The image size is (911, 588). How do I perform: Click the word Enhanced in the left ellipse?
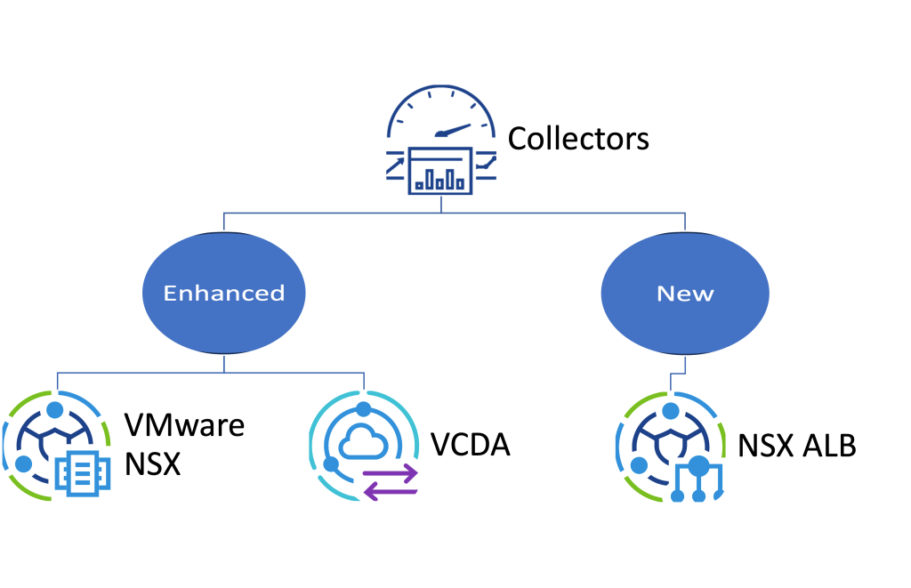[224, 294]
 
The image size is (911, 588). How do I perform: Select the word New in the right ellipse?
[685, 294]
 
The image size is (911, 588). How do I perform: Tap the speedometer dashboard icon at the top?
[441, 139]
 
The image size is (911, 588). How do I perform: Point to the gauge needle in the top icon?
[454, 130]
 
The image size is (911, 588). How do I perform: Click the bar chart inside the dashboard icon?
[439, 178]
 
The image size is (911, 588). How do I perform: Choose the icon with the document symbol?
[57, 446]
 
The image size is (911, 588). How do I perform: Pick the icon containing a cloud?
[364, 446]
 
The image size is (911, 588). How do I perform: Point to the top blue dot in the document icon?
[55, 410]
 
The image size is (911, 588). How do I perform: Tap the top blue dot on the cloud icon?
[363, 410]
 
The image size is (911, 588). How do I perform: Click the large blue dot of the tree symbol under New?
[699, 466]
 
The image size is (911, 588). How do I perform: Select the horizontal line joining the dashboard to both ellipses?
[454, 213]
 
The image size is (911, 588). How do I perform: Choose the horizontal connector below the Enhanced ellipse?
[210, 373]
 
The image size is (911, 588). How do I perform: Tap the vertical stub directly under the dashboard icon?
[440, 205]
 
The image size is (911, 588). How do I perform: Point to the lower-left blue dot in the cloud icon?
[331, 464]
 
